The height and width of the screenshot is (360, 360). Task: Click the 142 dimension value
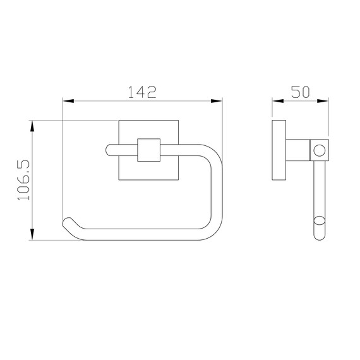tap(142, 92)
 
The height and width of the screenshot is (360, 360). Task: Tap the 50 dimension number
tap(300, 92)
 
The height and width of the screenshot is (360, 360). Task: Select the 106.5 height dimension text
tap(23, 180)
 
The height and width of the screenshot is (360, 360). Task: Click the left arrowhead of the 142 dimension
tap(68, 101)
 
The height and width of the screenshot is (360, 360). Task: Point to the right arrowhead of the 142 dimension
tap(217, 101)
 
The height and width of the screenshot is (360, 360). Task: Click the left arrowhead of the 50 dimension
tap(278, 101)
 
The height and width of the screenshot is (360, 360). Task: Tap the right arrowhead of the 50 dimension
tap(323, 101)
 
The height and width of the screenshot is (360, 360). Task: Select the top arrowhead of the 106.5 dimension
tap(32, 126)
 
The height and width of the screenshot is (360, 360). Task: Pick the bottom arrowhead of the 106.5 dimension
tap(32, 234)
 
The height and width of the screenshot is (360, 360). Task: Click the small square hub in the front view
tap(149, 150)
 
